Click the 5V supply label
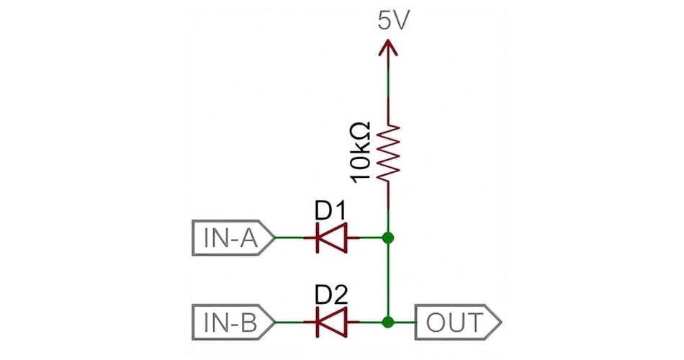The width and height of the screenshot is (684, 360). point(393,22)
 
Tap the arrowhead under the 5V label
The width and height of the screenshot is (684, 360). point(389,49)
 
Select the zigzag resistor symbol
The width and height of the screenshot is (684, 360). point(389,153)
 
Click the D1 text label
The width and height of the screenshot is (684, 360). point(330,211)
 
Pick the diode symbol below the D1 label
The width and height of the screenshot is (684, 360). point(331,237)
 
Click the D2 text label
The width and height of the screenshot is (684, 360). point(331,294)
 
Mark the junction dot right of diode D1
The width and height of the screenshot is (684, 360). point(389,237)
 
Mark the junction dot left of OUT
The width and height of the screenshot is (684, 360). point(389,321)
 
